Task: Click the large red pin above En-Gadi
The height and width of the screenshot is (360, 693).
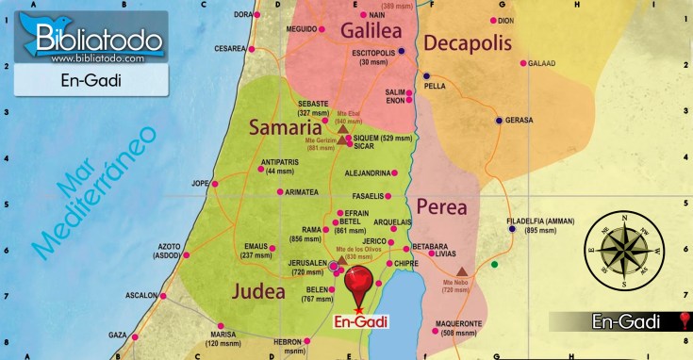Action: [359, 283]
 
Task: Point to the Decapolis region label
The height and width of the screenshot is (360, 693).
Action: [467, 42]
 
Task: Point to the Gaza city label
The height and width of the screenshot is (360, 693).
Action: [117, 335]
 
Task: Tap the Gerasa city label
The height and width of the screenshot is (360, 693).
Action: [519, 121]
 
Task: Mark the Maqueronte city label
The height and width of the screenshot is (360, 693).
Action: [459, 323]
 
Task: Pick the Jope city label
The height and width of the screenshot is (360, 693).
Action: [200, 183]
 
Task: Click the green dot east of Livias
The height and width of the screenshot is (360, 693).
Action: [494, 265]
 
